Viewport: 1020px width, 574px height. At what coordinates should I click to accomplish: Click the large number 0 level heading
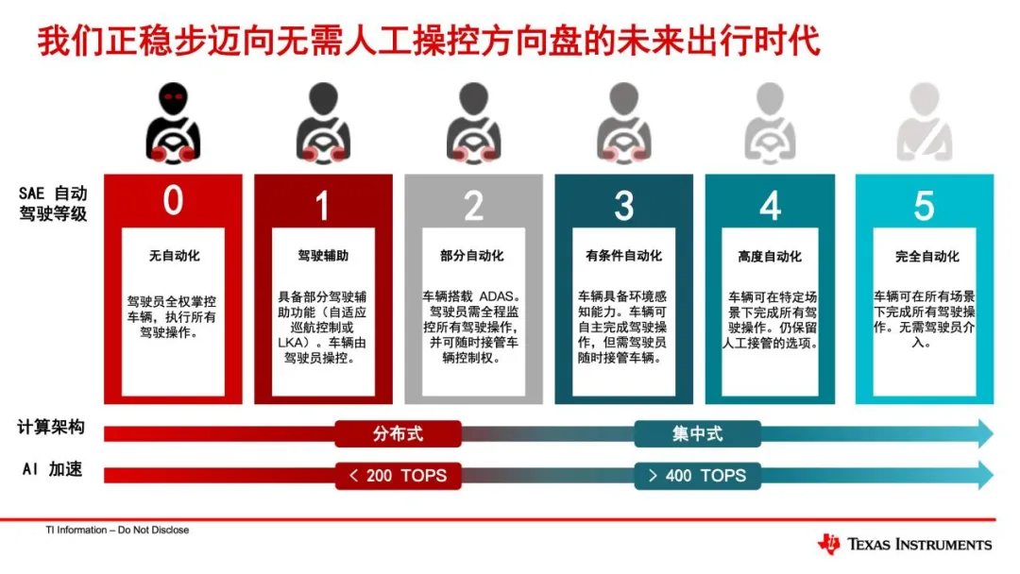click(173, 201)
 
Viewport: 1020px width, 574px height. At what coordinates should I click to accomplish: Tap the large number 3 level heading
click(624, 205)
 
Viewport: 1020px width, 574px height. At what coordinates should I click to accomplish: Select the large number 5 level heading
click(924, 205)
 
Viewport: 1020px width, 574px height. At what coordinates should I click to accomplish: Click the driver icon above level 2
click(474, 123)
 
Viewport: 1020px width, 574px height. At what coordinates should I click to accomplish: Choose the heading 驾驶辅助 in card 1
click(323, 256)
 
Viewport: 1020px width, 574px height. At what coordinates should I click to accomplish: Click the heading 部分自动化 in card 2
click(473, 256)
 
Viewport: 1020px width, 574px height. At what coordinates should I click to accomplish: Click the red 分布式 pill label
click(399, 433)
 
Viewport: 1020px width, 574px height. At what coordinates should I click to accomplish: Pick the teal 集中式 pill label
click(697, 433)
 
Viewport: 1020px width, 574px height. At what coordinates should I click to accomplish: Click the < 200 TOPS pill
click(399, 475)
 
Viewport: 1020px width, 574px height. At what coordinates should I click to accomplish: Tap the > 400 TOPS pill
click(697, 475)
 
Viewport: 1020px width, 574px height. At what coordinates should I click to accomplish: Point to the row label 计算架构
click(51, 428)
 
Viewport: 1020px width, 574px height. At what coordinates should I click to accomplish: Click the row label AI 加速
click(51, 469)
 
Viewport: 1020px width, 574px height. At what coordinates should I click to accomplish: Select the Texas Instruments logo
click(905, 544)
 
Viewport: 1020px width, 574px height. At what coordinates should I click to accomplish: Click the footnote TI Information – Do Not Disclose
click(117, 530)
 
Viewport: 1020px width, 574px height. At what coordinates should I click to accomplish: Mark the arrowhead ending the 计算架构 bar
click(985, 433)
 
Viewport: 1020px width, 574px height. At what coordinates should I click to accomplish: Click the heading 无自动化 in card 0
click(174, 256)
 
